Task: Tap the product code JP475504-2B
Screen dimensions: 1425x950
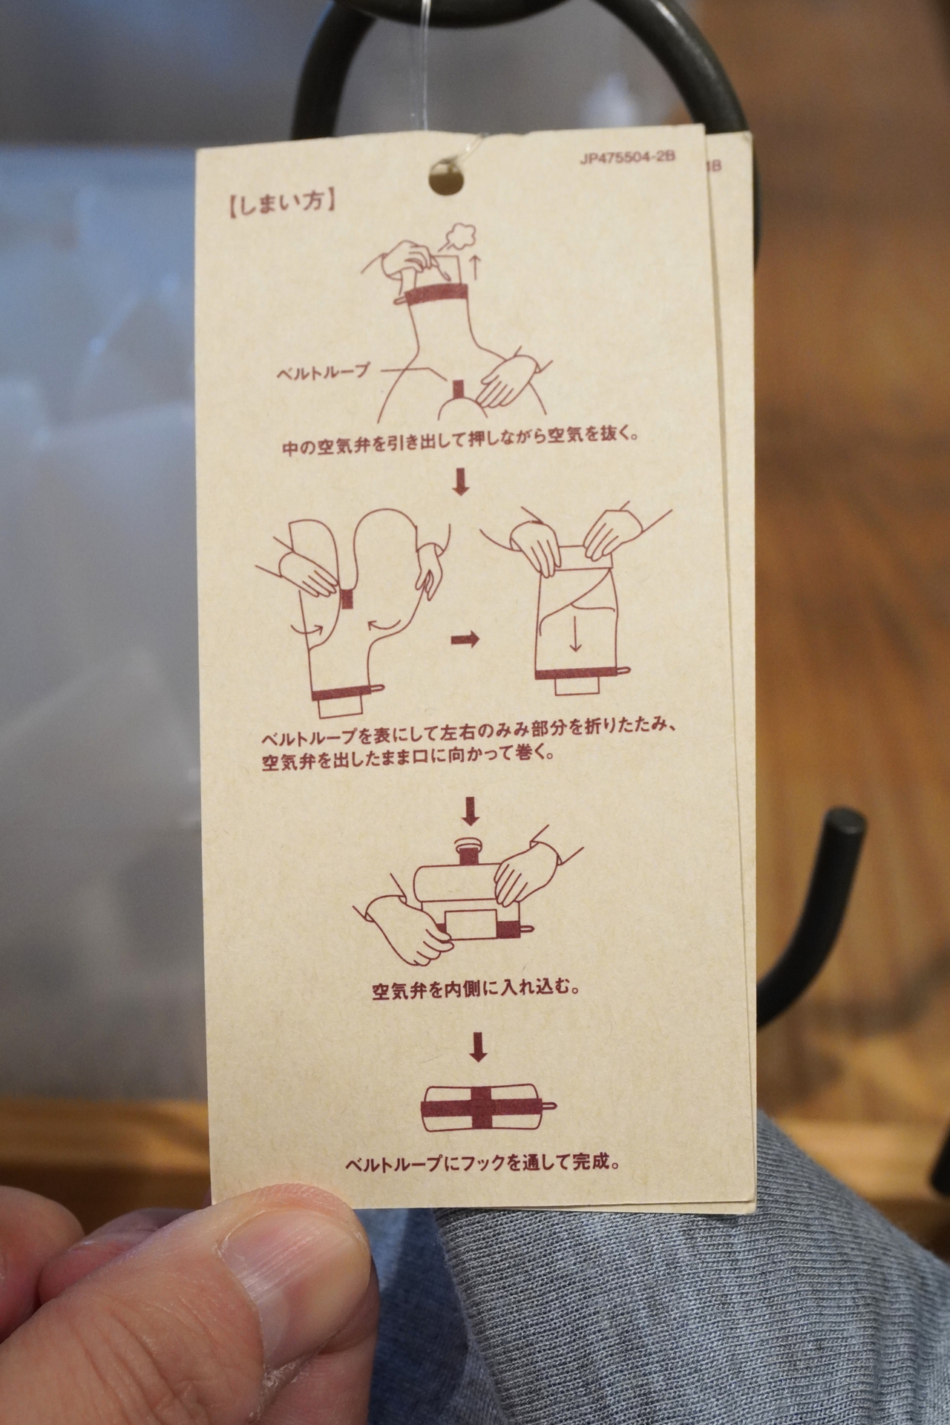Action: click(x=627, y=159)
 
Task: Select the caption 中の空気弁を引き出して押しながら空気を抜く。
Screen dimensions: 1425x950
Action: click(x=460, y=446)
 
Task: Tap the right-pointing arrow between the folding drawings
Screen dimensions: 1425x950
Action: click(x=465, y=640)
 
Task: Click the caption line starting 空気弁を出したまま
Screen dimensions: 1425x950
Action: click(x=407, y=761)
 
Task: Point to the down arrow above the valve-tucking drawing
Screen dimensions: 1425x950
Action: click(x=470, y=812)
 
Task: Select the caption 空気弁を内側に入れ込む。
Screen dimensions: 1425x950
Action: click(x=474, y=989)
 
